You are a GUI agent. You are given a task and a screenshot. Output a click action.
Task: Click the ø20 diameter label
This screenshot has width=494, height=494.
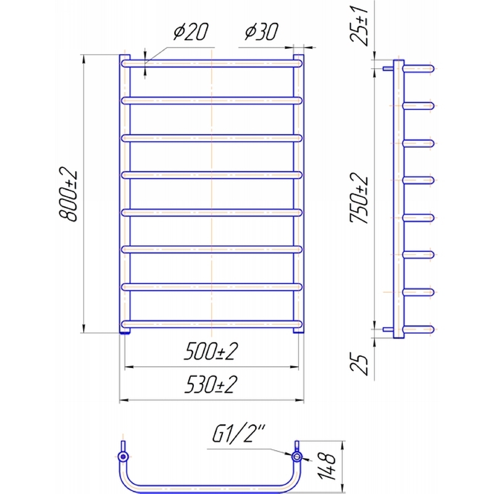point(191,31)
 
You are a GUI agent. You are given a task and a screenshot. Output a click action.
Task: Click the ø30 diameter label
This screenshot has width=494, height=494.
point(261,31)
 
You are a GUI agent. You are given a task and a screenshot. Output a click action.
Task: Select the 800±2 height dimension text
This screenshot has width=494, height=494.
point(68,194)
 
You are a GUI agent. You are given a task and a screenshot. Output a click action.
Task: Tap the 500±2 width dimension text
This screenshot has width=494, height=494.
point(211,351)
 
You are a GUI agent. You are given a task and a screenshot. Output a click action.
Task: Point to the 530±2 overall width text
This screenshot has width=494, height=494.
point(211,384)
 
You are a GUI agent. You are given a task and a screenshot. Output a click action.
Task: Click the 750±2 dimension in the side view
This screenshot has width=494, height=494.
point(359,198)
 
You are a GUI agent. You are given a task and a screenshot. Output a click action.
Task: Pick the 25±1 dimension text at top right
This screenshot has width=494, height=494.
point(359,26)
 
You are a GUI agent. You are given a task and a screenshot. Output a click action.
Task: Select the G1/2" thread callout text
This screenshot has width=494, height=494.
point(239,433)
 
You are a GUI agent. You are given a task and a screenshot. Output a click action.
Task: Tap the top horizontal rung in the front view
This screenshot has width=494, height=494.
point(212,64)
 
